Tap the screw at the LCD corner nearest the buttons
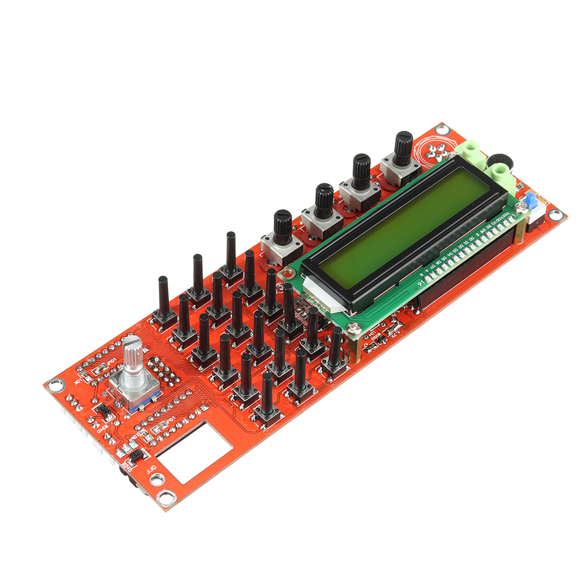point(352,329)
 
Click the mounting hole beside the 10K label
point(55,385)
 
